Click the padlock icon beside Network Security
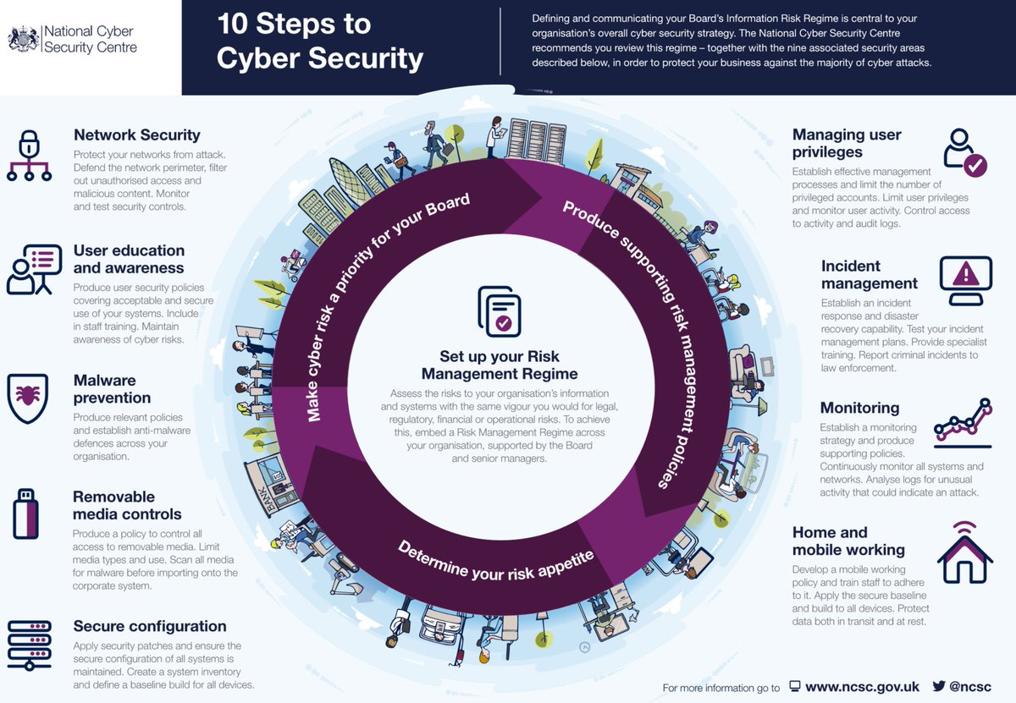[30, 154]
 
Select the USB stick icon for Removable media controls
[26, 513]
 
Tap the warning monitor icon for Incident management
[965, 280]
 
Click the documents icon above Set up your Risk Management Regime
[500, 311]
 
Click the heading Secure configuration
[150, 626]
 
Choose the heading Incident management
[869, 275]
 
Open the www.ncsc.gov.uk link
[862, 687]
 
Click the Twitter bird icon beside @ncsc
[938, 686]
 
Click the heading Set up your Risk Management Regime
[500, 365]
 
